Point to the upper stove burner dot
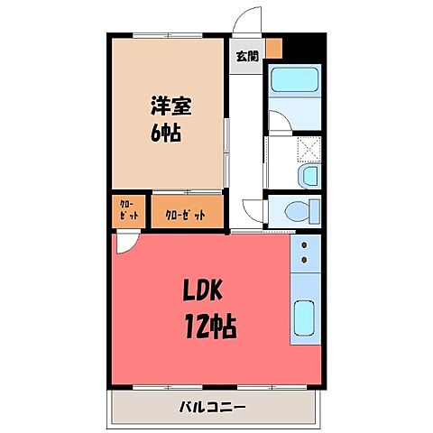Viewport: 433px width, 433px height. (305, 244)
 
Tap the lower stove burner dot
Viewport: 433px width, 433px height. (305, 261)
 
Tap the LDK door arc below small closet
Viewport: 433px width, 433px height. (128, 242)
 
